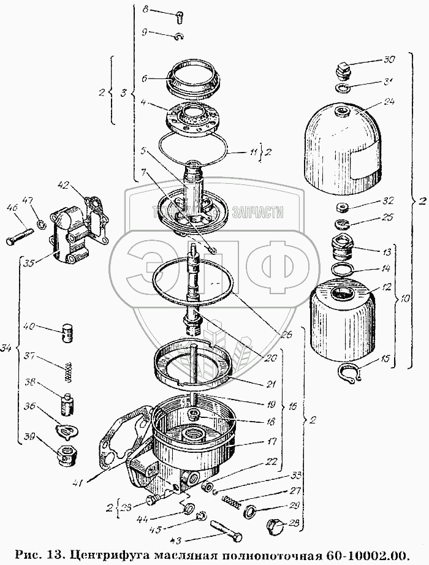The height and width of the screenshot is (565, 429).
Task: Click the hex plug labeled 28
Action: point(275,526)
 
